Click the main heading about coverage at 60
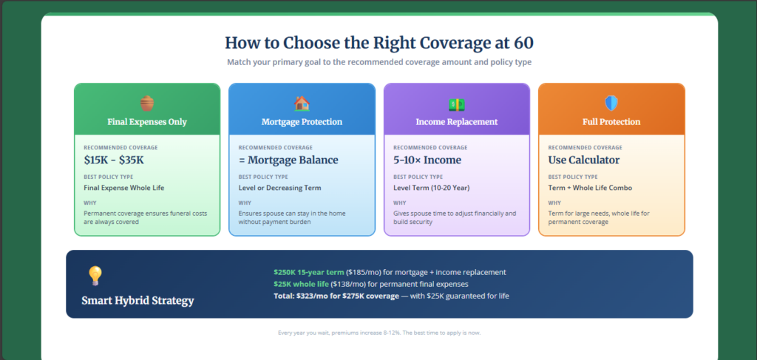378,43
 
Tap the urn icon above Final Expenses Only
147,103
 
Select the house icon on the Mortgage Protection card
302,103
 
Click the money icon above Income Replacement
456,104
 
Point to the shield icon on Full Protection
611,103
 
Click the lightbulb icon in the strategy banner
95,276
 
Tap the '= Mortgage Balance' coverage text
288,160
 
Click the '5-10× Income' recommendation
427,160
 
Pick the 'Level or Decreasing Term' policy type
279,188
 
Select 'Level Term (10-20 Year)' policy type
432,188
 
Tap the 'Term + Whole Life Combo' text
590,188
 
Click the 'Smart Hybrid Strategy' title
138,301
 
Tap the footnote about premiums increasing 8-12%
378,333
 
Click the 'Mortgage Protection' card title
302,122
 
